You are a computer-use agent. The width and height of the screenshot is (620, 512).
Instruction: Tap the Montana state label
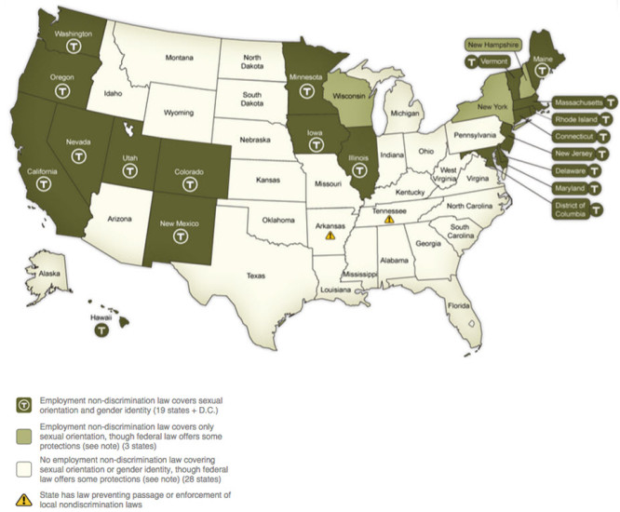[179, 58]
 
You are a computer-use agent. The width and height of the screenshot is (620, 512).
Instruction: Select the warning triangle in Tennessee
[389, 219]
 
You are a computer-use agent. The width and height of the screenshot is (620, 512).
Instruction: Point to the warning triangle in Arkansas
[330, 236]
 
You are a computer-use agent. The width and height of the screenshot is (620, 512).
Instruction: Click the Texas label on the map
[256, 275]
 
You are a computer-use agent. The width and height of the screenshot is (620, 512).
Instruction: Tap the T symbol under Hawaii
[107, 329]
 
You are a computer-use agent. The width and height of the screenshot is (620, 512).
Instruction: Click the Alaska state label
[40, 274]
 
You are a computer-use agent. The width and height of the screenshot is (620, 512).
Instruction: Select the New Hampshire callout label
[494, 44]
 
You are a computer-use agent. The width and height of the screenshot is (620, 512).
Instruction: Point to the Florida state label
[458, 305]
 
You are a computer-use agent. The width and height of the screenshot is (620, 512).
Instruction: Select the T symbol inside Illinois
[360, 170]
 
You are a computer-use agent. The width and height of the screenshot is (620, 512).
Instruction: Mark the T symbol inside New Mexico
[181, 237]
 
